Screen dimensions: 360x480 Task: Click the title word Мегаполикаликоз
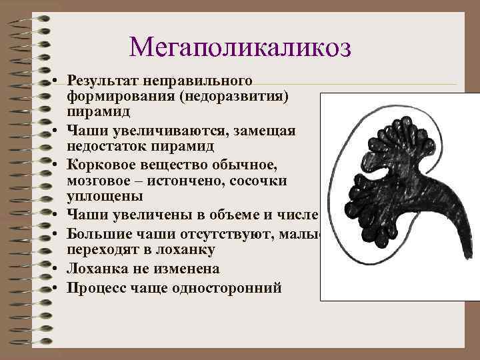tap(240, 47)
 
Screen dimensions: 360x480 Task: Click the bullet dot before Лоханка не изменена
tap(58, 269)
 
